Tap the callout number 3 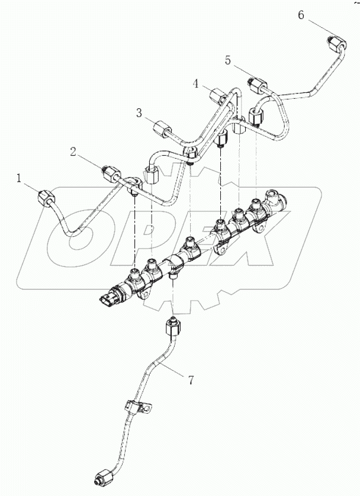pos(138,112)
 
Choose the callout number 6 pos(301,15)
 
